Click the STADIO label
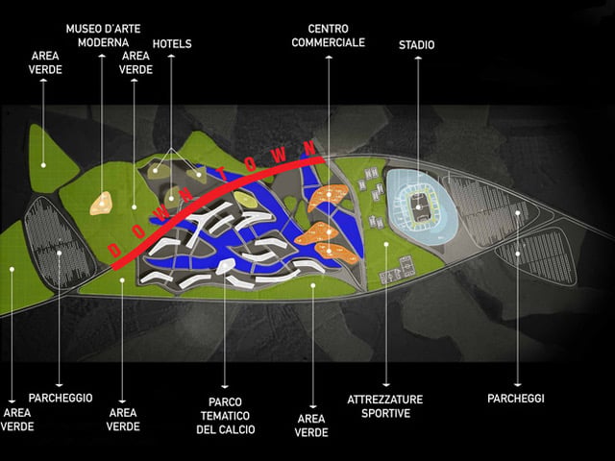[x=416, y=45]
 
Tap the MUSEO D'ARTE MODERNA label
[x=103, y=36]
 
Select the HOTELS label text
[x=172, y=43]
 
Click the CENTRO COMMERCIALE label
[x=329, y=36]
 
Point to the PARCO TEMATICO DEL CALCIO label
[x=226, y=416]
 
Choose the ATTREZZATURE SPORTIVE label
[x=385, y=406]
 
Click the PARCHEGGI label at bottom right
[x=516, y=399]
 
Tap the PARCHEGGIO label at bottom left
[x=61, y=398]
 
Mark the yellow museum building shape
[x=101, y=204]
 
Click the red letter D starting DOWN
[x=114, y=251]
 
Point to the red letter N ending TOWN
[x=309, y=148]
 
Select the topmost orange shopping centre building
[x=328, y=197]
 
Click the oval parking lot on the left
[x=59, y=243]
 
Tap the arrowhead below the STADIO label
[x=418, y=58]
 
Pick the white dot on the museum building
[x=102, y=204]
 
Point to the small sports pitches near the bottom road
[x=397, y=271]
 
